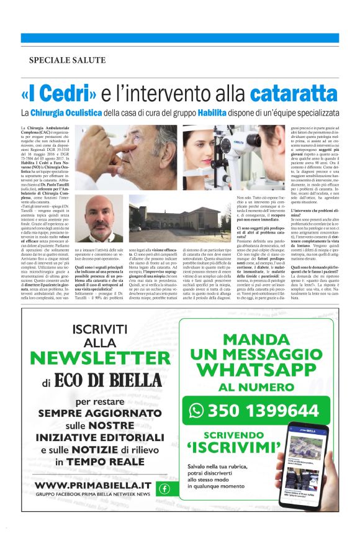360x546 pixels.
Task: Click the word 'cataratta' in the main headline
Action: (x=295, y=94)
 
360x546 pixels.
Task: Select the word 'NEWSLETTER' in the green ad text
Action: (x=91, y=358)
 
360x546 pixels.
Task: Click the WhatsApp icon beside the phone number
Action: (x=197, y=410)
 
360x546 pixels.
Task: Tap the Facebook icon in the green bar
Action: (x=164, y=488)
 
